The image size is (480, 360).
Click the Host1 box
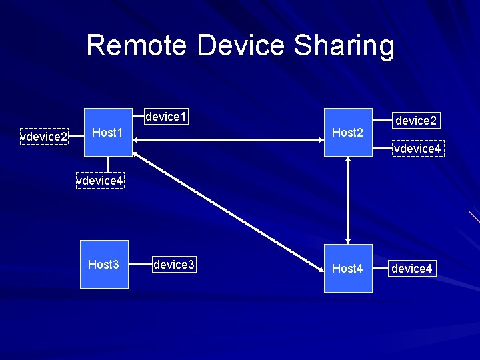tap(107, 132)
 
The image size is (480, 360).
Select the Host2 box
tap(348, 132)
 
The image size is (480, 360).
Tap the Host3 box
tap(104, 265)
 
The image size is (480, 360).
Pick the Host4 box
tap(348, 268)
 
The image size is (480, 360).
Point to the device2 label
tap(416, 121)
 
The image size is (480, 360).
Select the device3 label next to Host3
tap(173, 265)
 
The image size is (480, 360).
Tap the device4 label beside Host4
tap(412, 269)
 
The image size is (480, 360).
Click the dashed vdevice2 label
tap(44, 137)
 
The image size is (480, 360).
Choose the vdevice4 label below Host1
tap(99, 181)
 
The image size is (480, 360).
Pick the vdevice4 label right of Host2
tap(417, 149)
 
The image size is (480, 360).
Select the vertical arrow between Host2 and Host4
tap(348, 200)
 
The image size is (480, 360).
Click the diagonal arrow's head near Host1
tap(136, 155)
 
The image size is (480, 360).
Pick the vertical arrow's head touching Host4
tap(348, 241)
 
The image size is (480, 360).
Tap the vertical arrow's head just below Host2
tap(348, 160)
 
